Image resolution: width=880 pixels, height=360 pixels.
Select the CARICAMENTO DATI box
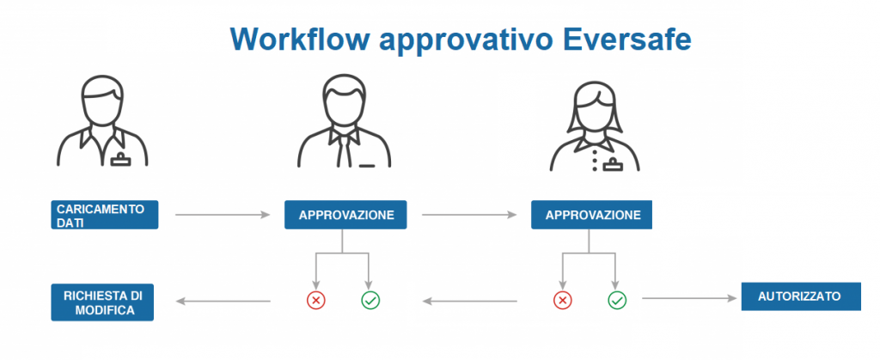(x=104, y=215)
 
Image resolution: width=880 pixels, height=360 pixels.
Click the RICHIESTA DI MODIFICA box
(x=102, y=302)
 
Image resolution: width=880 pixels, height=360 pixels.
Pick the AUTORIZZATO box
(x=801, y=296)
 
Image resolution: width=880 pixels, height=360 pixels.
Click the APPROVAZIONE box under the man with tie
(x=345, y=215)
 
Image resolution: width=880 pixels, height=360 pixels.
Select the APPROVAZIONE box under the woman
(x=591, y=215)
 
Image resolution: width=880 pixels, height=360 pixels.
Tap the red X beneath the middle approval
(x=316, y=301)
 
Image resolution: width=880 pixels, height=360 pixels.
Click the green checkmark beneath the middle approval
(x=370, y=301)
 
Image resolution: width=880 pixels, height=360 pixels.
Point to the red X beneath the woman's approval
(x=562, y=301)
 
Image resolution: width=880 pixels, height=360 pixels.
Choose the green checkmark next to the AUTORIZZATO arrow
(x=617, y=301)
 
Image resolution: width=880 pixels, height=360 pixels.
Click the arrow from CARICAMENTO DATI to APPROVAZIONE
(x=223, y=215)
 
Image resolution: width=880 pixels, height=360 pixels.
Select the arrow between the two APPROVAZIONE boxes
(x=469, y=215)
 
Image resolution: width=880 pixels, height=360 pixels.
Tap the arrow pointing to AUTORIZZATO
(x=689, y=298)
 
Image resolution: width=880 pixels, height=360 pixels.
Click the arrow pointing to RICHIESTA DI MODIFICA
(x=223, y=301)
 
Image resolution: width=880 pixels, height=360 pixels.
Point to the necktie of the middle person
(x=345, y=147)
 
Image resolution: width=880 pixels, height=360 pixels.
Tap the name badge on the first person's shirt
(x=120, y=161)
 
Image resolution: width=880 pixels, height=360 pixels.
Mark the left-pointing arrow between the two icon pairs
(x=470, y=301)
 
